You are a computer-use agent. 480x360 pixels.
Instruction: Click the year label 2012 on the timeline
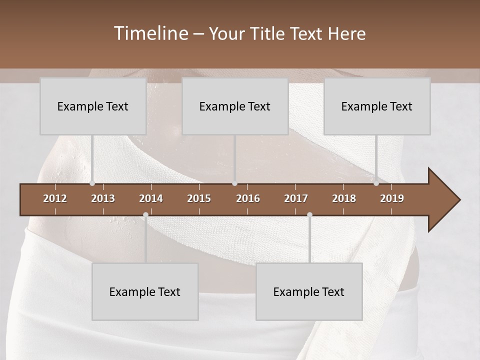(x=55, y=198)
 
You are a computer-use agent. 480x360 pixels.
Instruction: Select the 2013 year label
(x=103, y=198)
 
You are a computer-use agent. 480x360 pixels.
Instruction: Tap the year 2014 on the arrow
(x=151, y=198)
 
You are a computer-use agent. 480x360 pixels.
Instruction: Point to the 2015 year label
(x=199, y=198)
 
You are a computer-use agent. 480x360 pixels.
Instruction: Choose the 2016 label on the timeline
(x=248, y=198)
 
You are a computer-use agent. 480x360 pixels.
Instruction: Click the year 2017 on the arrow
(x=296, y=198)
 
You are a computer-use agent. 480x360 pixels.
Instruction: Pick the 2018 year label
(x=344, y=198)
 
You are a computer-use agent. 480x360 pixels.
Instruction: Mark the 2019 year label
(x=392, y=198)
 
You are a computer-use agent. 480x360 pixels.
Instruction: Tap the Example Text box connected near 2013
(x=93, y=106)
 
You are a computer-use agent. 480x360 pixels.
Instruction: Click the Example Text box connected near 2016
(x=235, y=106)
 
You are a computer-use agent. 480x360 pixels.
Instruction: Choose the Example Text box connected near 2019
(x=377, y=106)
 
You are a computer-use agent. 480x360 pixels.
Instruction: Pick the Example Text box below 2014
(x=145, y=292)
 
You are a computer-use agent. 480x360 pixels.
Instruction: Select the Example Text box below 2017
(x=309, y=292)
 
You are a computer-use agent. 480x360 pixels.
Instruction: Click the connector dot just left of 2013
(x=92, y=183)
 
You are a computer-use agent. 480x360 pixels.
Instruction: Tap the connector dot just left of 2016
(x=235, y=183)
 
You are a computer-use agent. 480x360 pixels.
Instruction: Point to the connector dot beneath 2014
(x=145, y=215)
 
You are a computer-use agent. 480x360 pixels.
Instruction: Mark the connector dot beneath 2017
(x=309, y=215)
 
